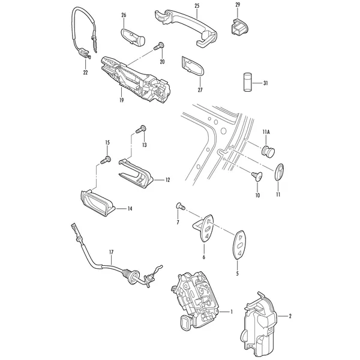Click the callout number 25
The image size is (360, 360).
point(197,6)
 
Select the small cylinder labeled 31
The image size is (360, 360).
point(247,82)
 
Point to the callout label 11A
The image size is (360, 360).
point(266,132)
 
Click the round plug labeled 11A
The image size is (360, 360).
point(268,151)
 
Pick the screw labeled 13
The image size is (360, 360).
point(141,129)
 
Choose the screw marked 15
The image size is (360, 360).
point(106,160)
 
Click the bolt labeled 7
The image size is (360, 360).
point(181,206)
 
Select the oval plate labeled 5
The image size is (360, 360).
point(239,245)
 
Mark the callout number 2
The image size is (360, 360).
point(290,316)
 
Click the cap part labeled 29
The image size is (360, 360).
point(239,28)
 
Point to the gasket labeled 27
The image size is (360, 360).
point(193,65)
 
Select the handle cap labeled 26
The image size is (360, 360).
point(132,37)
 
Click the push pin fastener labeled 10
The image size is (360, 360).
point(257,176)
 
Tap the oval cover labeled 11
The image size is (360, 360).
point(279,172)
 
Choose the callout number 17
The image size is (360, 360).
point(111,253)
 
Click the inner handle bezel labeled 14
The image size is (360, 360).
point(98,203)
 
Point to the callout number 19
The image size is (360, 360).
point(121,100)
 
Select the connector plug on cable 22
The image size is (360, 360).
point(83,53)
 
